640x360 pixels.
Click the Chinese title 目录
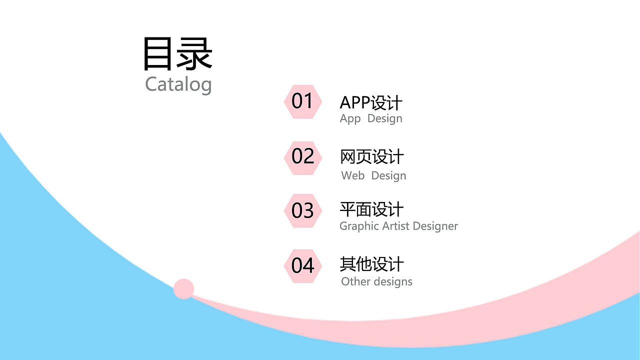(178, 53)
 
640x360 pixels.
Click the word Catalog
(178, 84)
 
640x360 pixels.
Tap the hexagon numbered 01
(302, 101)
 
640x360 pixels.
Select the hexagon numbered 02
(302, 157)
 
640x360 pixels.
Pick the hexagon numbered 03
(302, 210)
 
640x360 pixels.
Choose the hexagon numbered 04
(302, 265)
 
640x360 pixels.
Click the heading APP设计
(371, 103)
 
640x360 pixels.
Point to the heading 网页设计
(371, 157)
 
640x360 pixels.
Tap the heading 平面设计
(371, 209)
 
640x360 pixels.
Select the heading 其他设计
(371, 264)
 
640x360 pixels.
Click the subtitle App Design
(371, 119)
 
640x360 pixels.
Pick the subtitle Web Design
(373, 176)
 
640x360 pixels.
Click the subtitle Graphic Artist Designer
(398, 226)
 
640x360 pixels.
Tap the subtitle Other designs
(376, 281)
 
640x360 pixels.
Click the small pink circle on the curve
(183, 289)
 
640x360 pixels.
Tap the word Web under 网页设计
(352, 176)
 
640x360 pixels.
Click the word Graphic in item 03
(359, 226)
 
